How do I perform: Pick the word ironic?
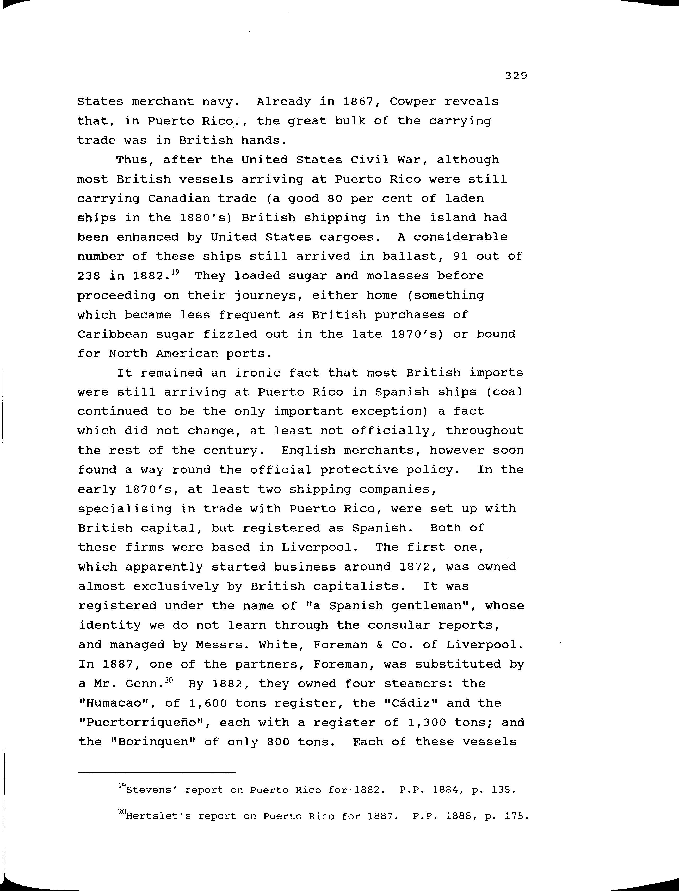point(258,373)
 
